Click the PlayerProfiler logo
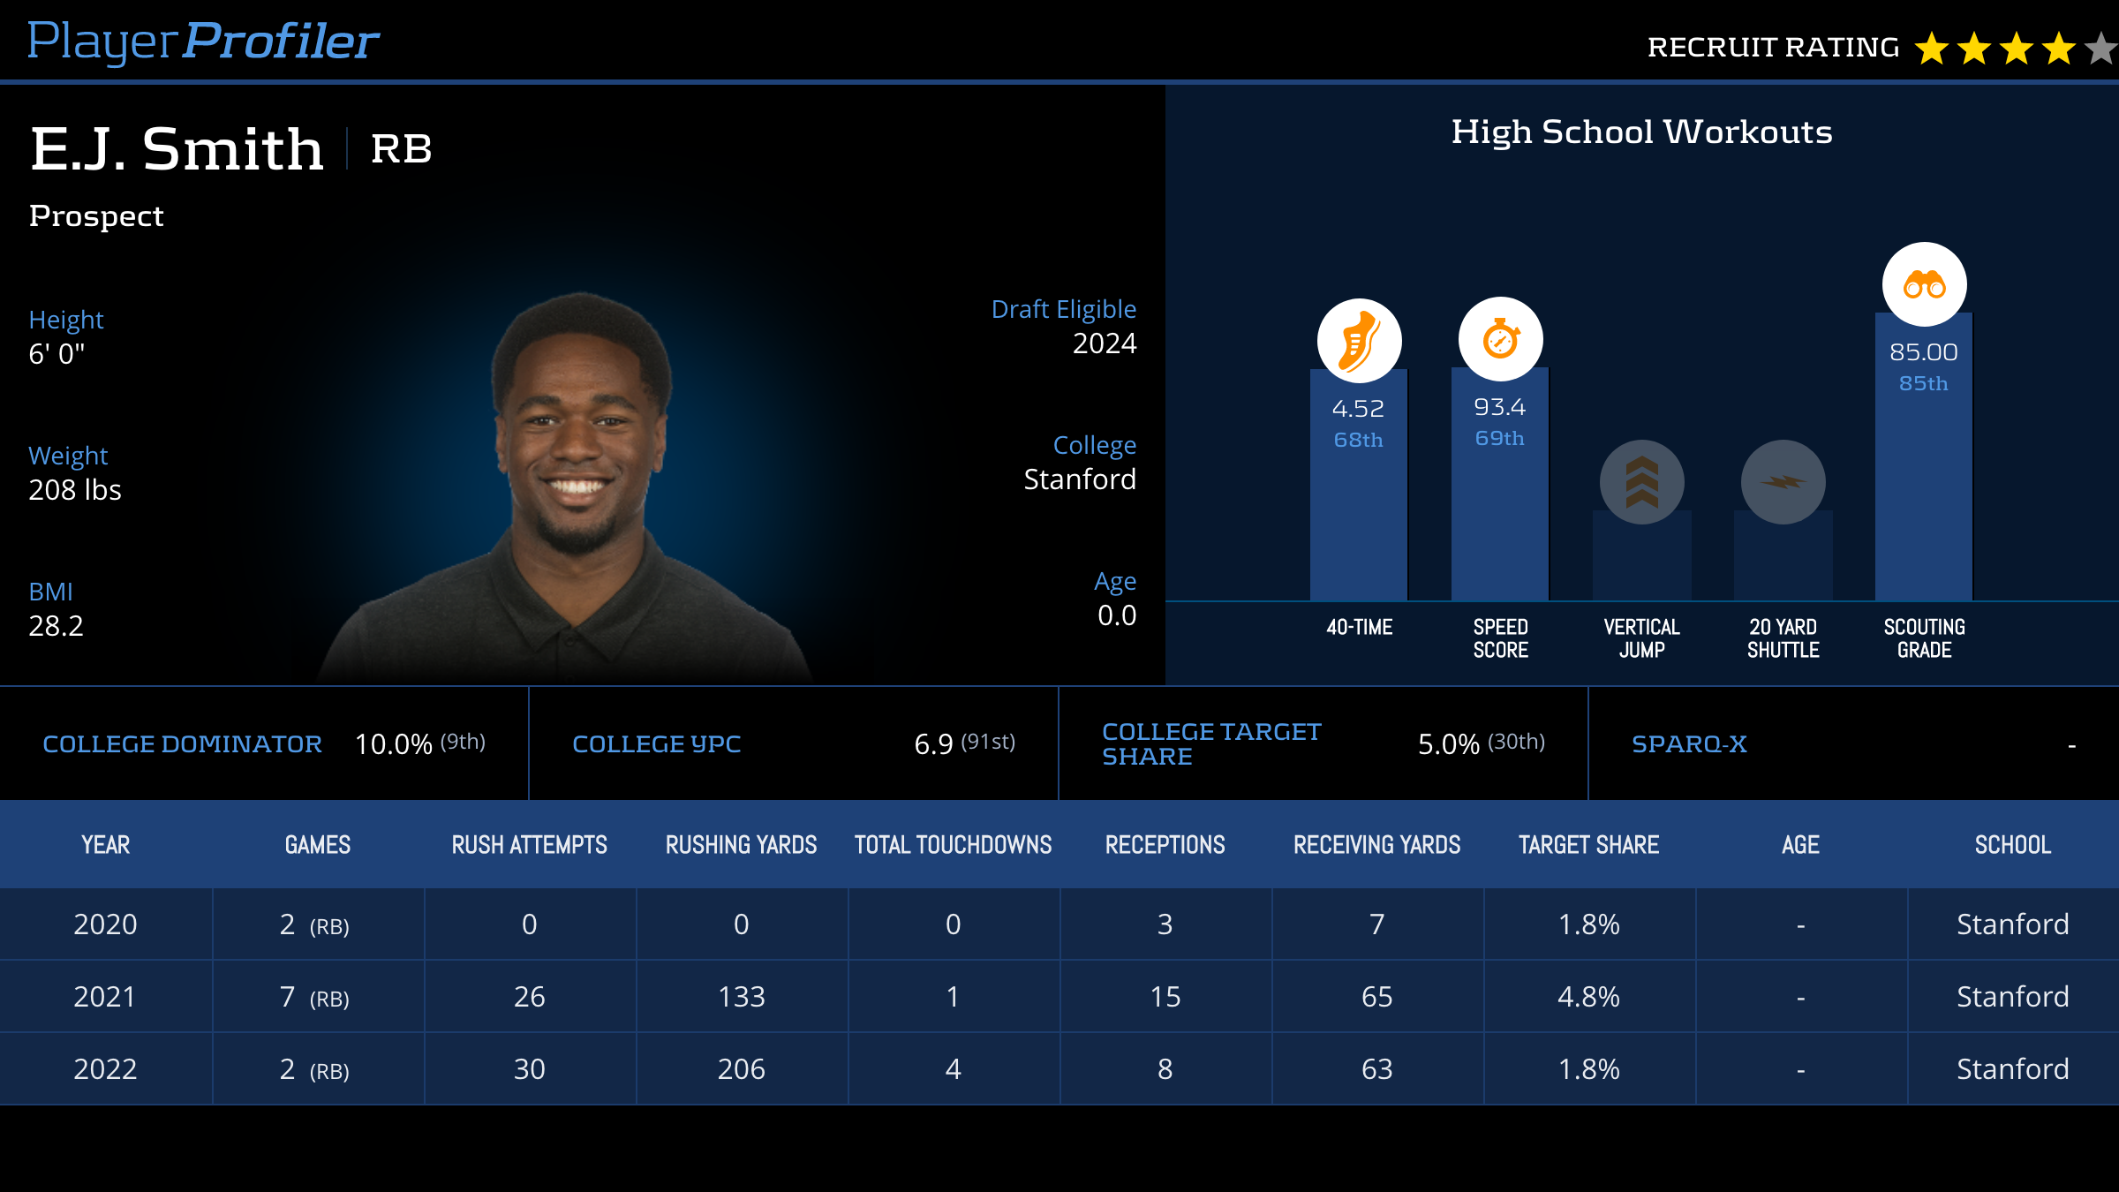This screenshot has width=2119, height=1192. coord(203,41)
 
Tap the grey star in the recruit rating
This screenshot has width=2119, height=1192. coord(2101,49)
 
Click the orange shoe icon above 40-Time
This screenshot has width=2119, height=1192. coord(1359,341)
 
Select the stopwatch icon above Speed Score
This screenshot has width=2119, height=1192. coord(1500,339)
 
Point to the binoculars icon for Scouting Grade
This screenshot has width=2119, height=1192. coord(1924,284)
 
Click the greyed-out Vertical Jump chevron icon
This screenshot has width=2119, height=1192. coord(1641,482)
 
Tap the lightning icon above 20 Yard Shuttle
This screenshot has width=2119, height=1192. coord(1783,482)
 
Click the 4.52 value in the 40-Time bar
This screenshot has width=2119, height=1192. coord(1358,409)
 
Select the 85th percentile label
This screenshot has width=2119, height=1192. coord(1923,383)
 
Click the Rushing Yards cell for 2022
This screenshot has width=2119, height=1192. coord(741,1069)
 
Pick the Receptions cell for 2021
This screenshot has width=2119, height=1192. coord(1165,997)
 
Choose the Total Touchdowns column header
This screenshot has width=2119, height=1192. coord(953,845)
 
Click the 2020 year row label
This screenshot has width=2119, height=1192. coord(105,924)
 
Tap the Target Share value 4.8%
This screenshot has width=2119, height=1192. coord(1588,997)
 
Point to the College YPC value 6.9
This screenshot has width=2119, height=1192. coord(933,744)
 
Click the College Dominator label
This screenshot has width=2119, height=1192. coord(182,744)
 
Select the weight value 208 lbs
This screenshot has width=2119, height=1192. coord(75,490)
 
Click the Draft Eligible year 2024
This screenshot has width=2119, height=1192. coord(1104,343)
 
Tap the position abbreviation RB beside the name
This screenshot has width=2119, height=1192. coord(401,148)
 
